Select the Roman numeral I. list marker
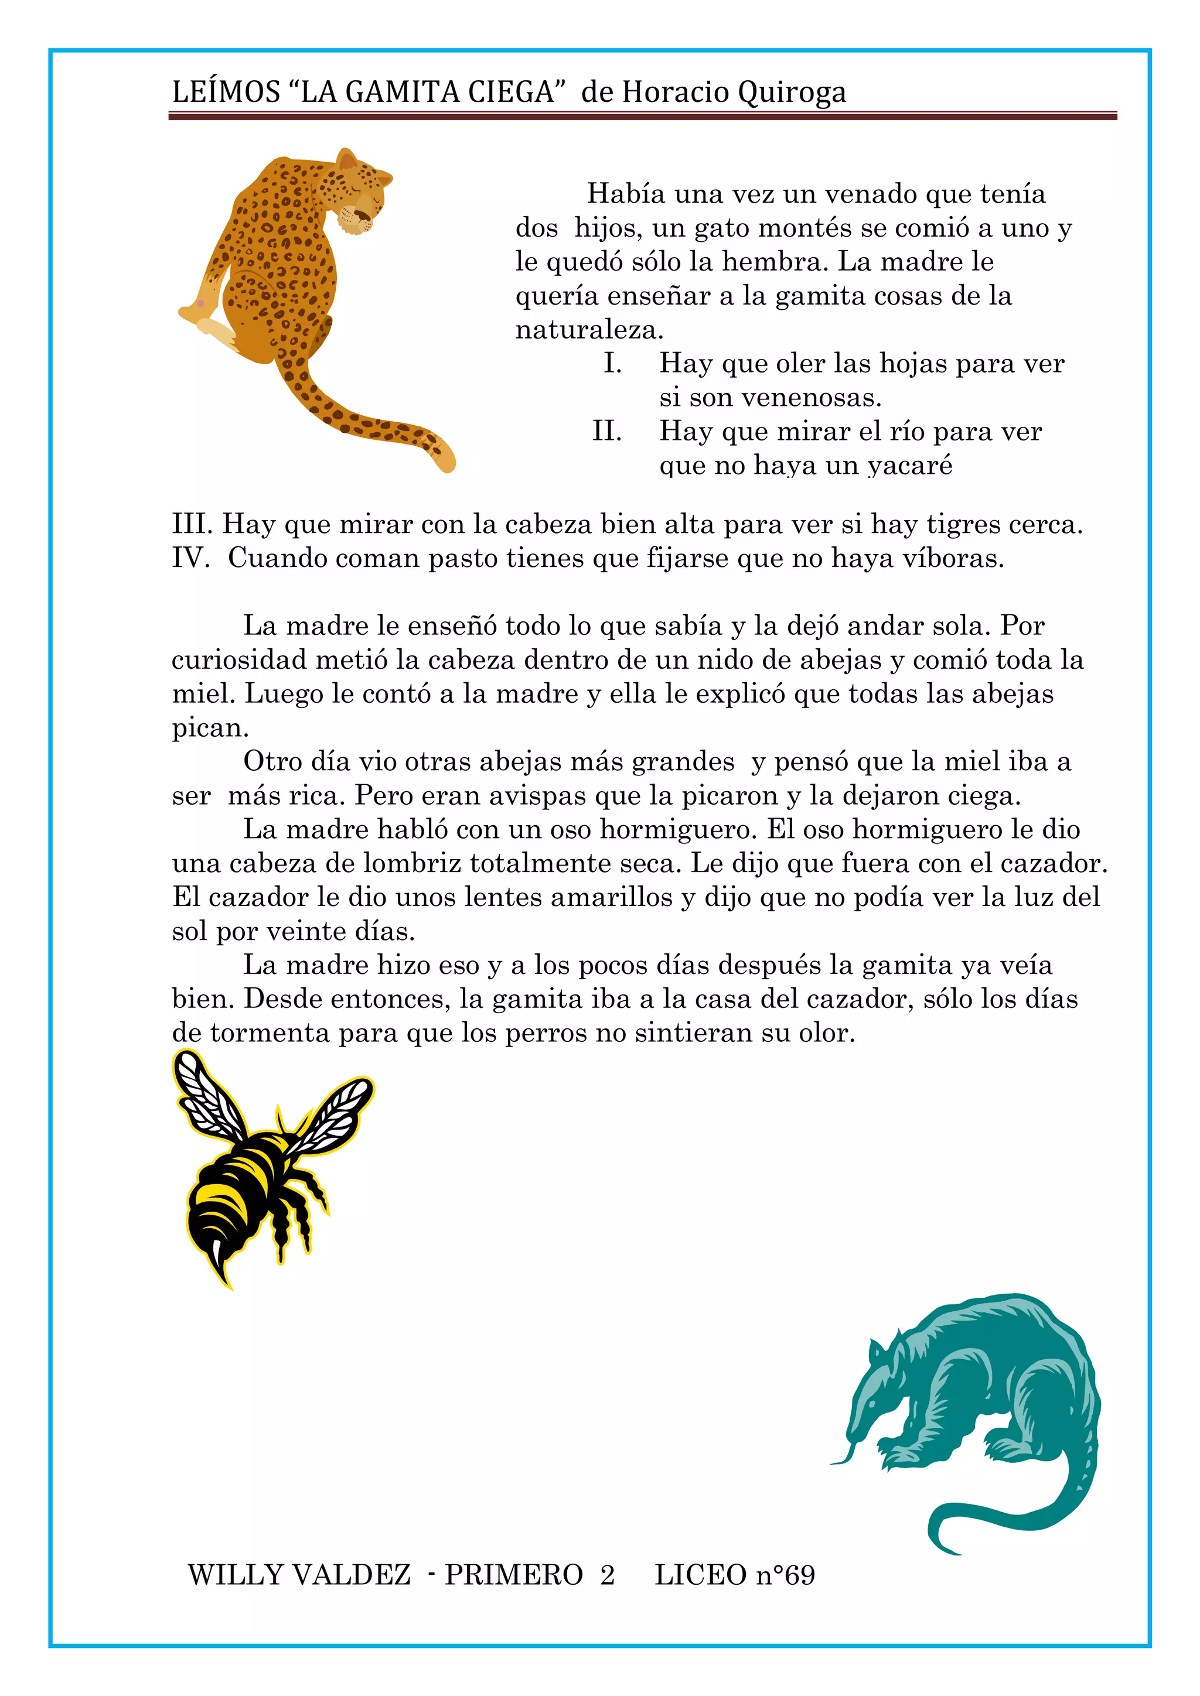(612, 364)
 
